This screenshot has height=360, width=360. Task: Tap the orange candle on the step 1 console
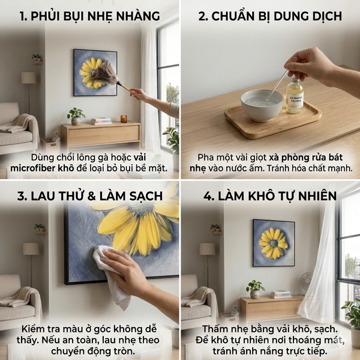click(x=124, y=119)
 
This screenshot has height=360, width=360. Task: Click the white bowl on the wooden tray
click(x=262, y=105)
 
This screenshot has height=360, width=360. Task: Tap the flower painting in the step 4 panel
click(x=274, y=242)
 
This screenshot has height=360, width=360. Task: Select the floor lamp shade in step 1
click(x=28, y=78)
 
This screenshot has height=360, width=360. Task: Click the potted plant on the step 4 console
click(x=255, y=289)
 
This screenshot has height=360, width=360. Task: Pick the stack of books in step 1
click(x=101, y=121)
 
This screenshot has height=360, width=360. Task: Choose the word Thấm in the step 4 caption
click(x=217, y=329)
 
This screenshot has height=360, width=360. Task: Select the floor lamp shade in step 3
click(x=31, y=248)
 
